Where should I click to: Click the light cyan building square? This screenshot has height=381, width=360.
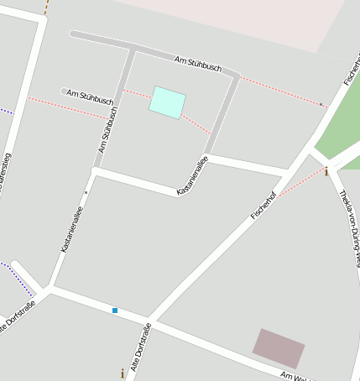point(167,102)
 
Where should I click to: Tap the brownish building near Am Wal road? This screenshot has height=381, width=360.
point(279,347)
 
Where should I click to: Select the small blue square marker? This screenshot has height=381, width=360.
point(115,311)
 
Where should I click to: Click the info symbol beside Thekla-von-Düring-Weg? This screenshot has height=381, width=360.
point(326,171)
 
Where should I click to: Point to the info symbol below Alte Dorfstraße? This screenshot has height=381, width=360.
point(123,372)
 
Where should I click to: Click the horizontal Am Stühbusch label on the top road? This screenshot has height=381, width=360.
point(197,64)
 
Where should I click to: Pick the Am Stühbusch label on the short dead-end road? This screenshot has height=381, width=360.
point(90,97)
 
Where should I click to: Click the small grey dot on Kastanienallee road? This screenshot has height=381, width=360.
point(86,192)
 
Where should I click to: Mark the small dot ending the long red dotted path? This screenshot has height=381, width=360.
point(321,105)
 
